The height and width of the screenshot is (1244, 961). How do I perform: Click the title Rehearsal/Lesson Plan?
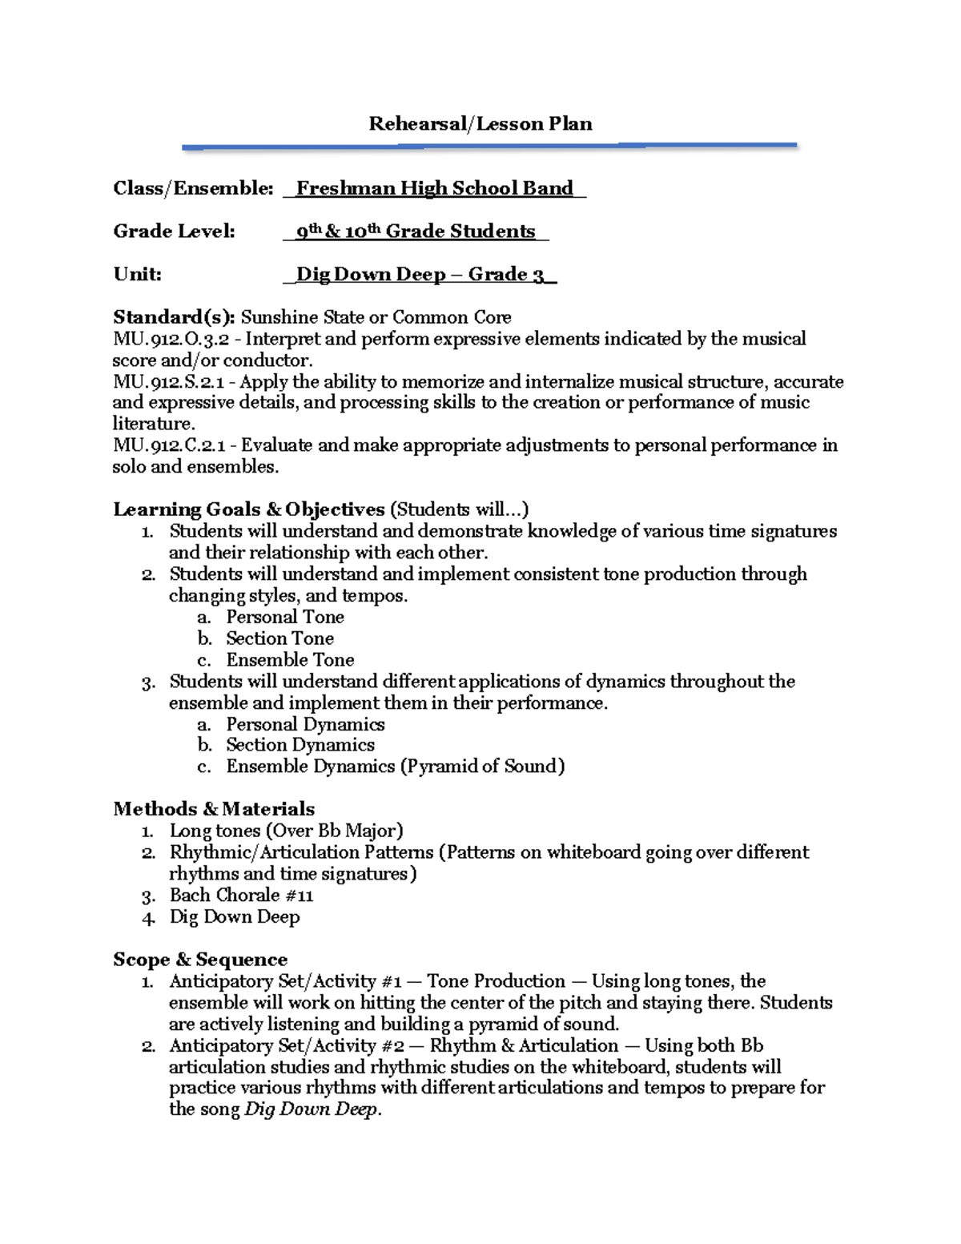coord(480,123)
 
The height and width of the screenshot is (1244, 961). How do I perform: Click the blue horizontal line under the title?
coord(489,147)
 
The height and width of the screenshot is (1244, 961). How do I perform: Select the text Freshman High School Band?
coord(434,188)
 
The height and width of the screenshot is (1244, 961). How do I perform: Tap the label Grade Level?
coord(174,231)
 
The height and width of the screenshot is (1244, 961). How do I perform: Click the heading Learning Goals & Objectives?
coord(248,509)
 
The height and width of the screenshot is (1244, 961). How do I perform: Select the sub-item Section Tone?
coord(279,638)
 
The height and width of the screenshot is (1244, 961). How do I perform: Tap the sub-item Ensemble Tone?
coord(290,660)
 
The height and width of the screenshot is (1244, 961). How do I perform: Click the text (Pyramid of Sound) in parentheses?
coord(483,767)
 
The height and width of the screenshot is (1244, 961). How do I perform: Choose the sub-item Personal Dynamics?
coord(305,724)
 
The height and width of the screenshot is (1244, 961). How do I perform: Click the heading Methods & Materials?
coord(214,809)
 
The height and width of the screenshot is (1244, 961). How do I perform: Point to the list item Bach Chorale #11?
coord(241,896)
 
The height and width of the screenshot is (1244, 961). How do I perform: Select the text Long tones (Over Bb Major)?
coord(286,831)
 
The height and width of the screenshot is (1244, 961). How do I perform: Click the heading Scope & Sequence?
coord(199,960)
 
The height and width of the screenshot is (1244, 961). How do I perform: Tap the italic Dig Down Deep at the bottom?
coord(312,1110)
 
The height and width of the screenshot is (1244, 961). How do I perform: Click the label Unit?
coord(137,274)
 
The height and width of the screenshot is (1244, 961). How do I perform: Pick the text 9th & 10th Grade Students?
coord(415,231)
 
